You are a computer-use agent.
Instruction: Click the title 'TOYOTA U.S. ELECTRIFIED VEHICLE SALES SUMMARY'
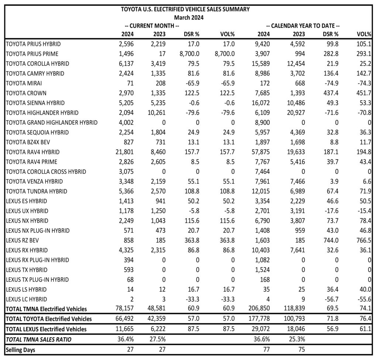(185, 9)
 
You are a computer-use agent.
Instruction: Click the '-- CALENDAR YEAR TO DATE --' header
(303, 26)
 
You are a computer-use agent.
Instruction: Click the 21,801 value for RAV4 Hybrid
(124, 152)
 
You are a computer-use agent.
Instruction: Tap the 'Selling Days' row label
(20, 349)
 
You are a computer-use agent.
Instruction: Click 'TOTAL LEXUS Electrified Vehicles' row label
(46, 329)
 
